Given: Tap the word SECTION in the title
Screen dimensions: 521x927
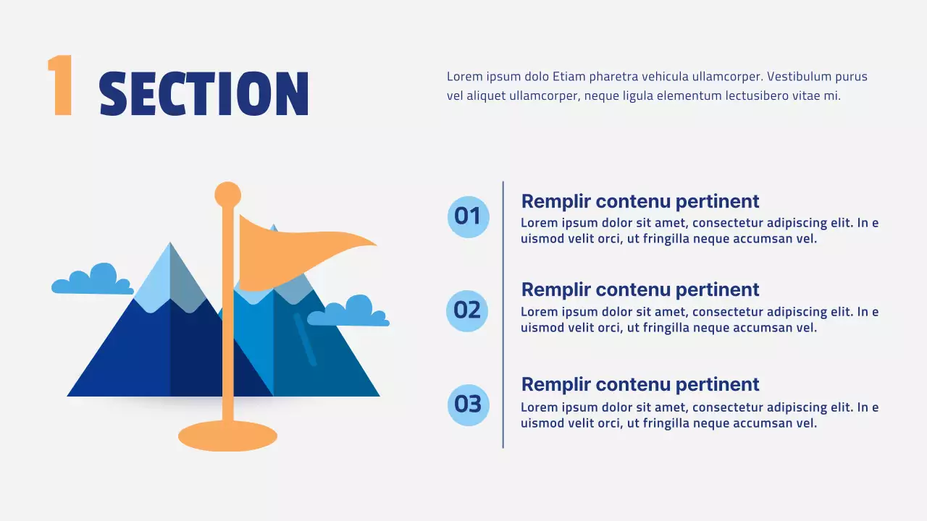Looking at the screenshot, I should coord(204,94).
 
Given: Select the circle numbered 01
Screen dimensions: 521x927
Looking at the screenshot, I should coord(468,216).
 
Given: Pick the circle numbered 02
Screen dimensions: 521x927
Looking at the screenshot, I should coord(467,310).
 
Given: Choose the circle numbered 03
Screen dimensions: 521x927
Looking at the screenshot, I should coord(468,404).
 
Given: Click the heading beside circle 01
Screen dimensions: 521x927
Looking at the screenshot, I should coord(639,201).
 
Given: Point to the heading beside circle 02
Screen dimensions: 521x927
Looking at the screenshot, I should coord(639,289).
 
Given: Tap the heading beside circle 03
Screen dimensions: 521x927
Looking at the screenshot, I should coord(639,384).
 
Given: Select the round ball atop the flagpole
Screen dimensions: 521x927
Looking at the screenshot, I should coord(227,194).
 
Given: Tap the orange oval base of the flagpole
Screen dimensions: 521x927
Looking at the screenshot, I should coord(227,436).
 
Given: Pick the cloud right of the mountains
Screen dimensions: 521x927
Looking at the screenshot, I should coord(350,313).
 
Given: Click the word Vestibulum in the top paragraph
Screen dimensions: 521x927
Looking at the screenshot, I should coord(800,77).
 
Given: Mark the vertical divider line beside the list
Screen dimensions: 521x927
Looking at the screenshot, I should coord(503,314).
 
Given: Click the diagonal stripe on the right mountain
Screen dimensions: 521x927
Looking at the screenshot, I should coord(305,339).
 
